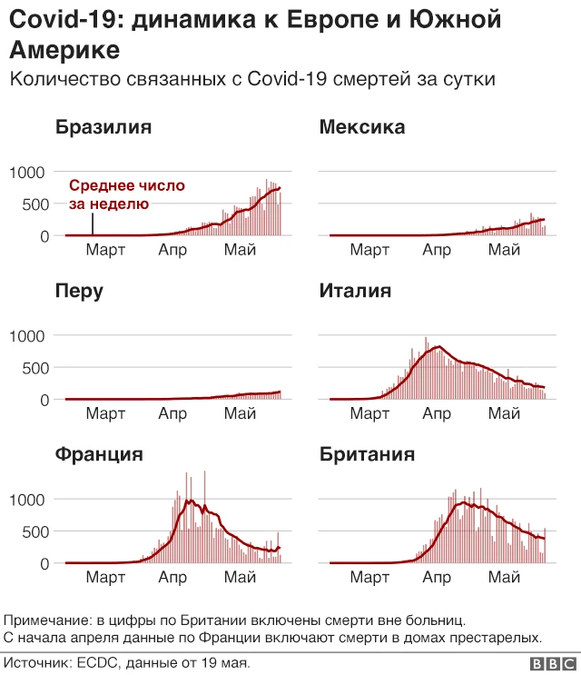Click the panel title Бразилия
click(x=103, y=127)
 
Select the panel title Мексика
click(x=362, y=127)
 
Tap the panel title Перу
click(x=79, y=292)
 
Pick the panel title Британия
click(x=367, y=454)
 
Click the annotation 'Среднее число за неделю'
click(x=126, y=194)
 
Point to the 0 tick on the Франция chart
click(x=44, y=564)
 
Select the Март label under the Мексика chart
click(x=369, y=250)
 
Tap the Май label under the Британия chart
click(x=503, y=578)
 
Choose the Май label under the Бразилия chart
click(x=240, y=250)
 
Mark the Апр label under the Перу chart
click(x=172, y=414)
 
